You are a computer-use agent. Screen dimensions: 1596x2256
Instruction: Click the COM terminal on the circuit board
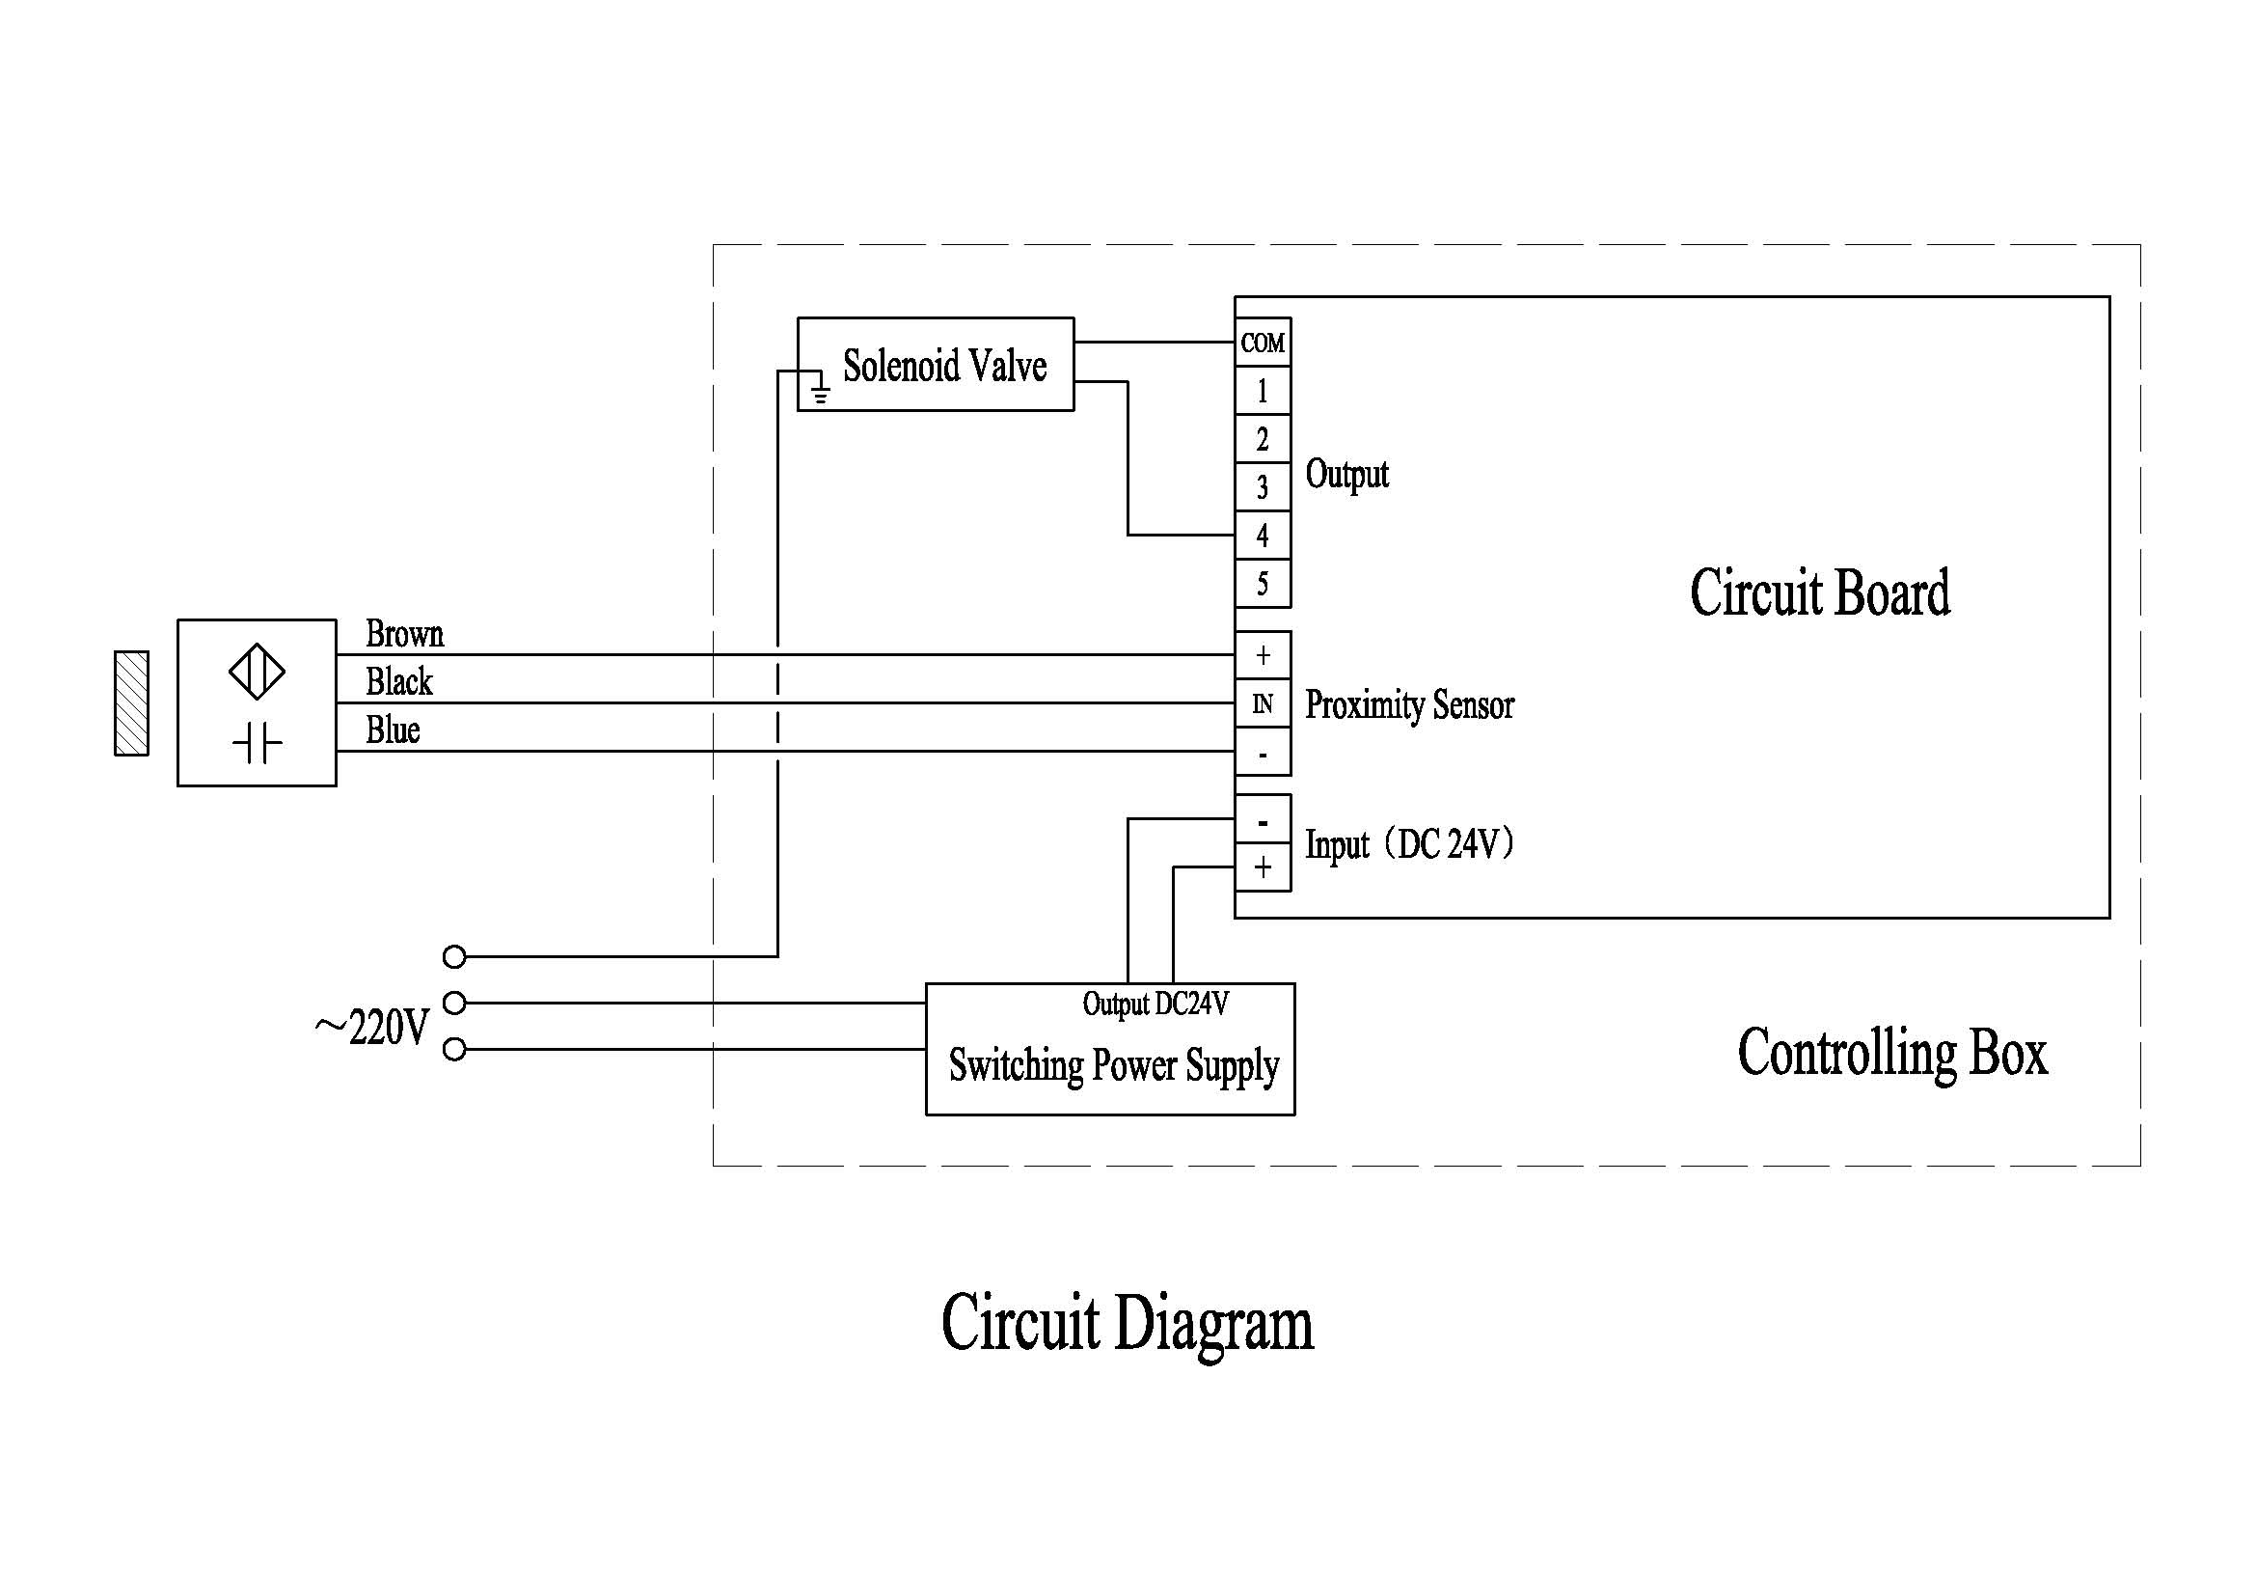[x=1262, y=343]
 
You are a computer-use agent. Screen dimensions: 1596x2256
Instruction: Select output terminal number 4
[x=1262, y=536]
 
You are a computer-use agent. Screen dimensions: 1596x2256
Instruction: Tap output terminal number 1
[x=1262, y=391]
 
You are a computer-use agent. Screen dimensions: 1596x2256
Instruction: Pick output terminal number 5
[x=1262, y=584]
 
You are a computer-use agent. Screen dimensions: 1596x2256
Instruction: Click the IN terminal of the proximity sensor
[x=1262, y=703]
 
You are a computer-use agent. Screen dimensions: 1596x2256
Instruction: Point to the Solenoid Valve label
[x=944, y=366]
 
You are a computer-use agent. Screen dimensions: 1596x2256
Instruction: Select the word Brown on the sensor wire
[x=404, y=634]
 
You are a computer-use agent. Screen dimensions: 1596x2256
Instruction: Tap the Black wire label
[x=399, y=681]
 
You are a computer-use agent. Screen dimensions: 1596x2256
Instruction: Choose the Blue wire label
[x=392, y=730]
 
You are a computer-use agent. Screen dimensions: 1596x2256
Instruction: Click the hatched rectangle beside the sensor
[x=132, y=703]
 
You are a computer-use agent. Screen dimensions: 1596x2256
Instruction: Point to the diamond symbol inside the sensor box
[x=257, y=672]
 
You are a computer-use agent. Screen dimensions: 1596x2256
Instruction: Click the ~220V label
[x=372, y=1028]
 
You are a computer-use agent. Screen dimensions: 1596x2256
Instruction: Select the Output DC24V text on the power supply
[x=1155, y=1004]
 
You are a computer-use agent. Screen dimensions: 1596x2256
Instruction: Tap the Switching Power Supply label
[x=1113, y=1065]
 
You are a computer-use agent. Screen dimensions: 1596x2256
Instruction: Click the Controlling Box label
[x=1891, y=1053]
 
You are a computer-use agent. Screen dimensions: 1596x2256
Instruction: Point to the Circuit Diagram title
[x=1127, y=1324]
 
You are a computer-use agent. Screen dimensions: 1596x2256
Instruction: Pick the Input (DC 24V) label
[x=1409, y=844]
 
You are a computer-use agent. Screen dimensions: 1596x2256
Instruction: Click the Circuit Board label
[x=1820, y=592]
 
